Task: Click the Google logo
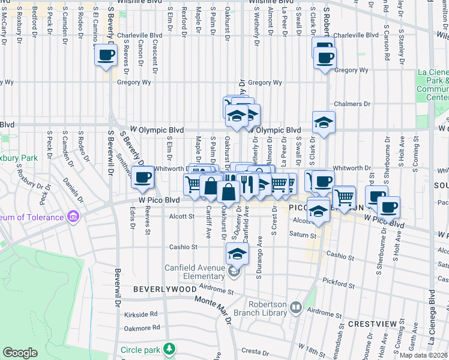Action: tap(20, 353)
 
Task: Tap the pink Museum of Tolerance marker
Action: tap(73, 216)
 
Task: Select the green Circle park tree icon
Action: tap(170, 348)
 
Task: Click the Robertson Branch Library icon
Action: tap(295, 308)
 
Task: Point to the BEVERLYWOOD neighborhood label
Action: tap(164, 289)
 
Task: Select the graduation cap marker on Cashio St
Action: tap(238, 253)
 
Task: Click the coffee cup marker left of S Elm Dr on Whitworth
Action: tap(143, 177)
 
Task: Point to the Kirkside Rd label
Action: tap(141, 314)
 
